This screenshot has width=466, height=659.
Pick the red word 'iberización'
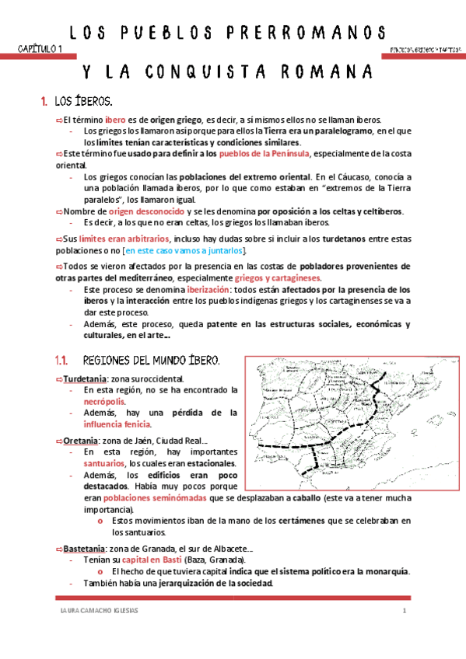click(x=191, y=288)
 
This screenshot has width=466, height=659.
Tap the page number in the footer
click(x=405, y=610)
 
